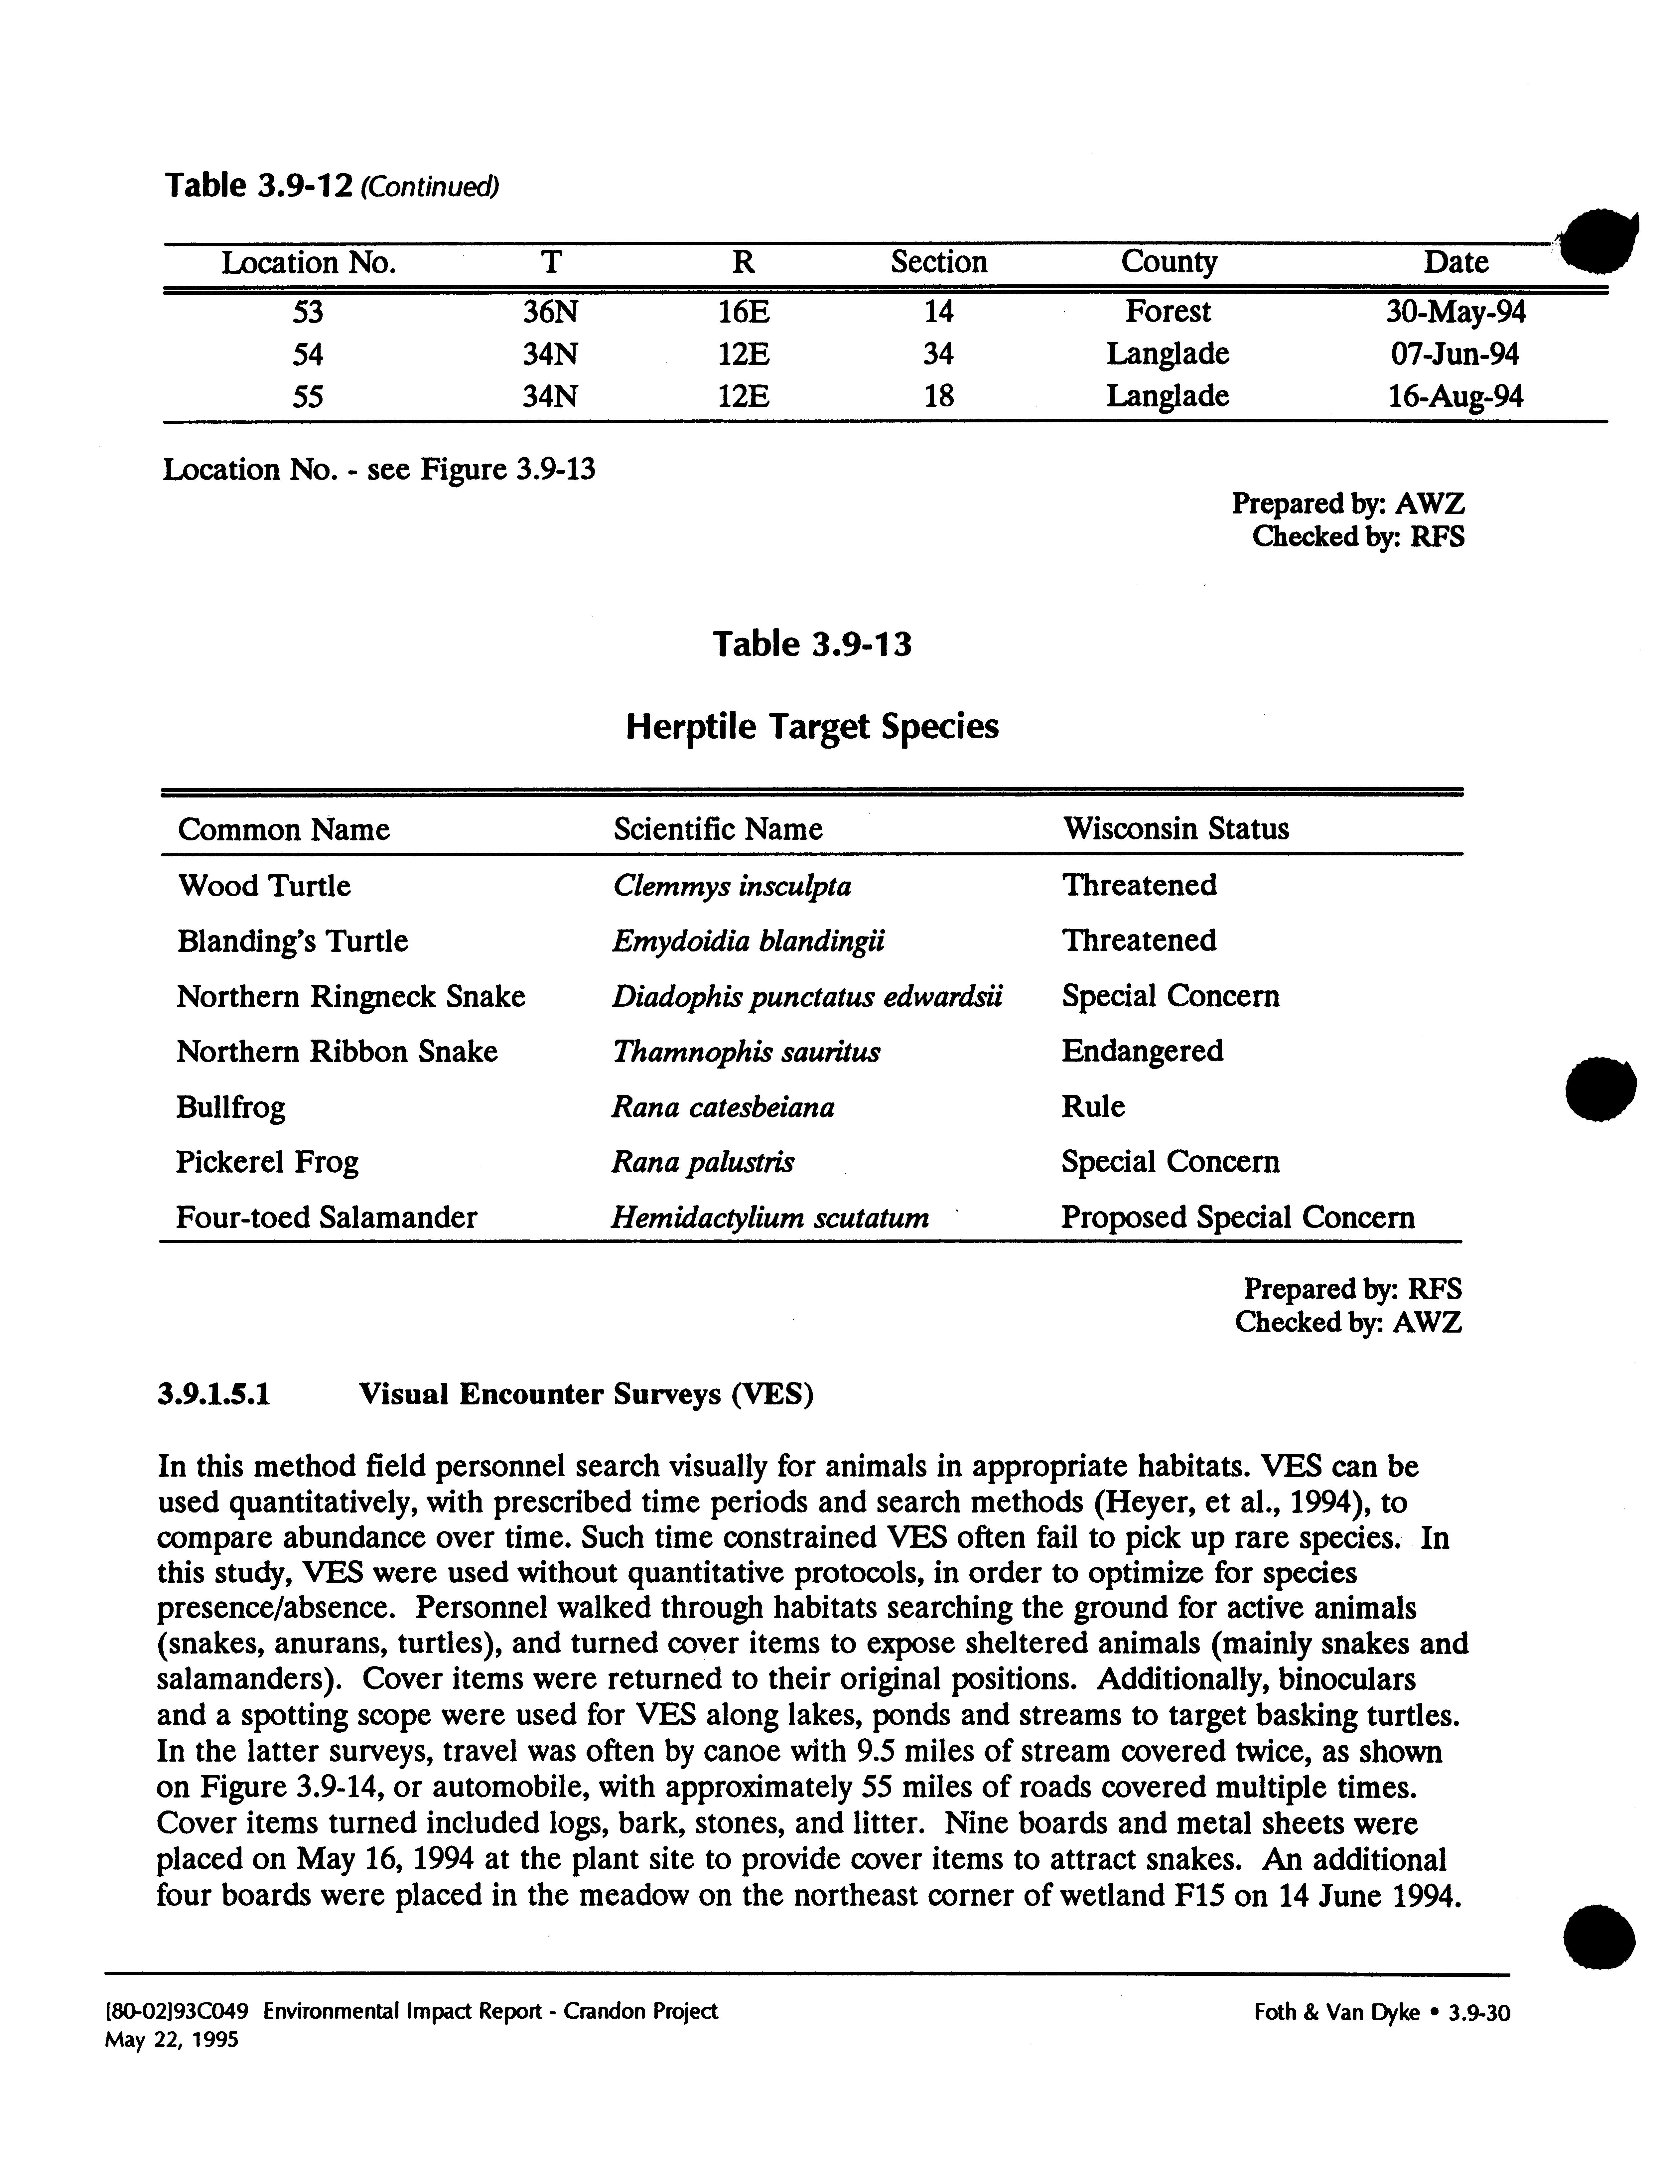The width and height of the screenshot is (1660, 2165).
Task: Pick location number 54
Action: coord(308,354)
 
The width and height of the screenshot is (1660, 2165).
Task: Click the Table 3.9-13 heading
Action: coord(812,644)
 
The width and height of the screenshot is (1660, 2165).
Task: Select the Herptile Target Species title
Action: coord(812,726)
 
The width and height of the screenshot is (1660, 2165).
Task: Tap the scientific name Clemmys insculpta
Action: coord(731,885)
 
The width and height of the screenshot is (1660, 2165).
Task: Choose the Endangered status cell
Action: coord(1142,1050)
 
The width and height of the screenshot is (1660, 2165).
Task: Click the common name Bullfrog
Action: coord(230,1107)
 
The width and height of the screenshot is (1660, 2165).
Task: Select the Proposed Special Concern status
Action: coord(1237,1218)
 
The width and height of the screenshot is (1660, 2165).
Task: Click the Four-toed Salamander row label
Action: coord(326,1218)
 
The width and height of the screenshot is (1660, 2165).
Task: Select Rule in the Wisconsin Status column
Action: coord(1093,1107)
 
